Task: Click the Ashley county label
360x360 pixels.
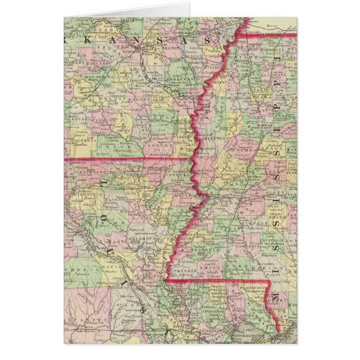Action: tap(157, 143)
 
